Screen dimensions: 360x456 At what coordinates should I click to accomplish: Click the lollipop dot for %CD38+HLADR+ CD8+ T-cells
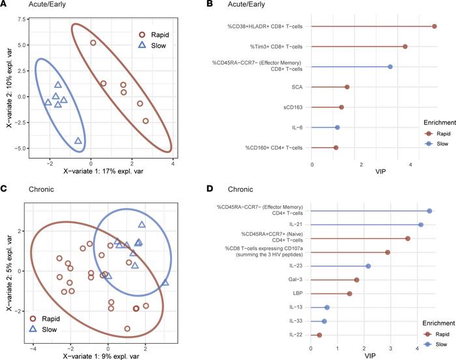pyautogui.click(x=435, y=26)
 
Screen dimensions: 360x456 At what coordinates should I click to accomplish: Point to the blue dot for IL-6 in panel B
pyautogui.click(x=337, y=128)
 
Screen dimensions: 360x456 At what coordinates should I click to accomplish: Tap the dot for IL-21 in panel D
pyautogui.click(x=421, y=225)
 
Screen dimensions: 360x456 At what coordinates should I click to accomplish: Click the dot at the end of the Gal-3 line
pyautogui.click(x=356, y=280)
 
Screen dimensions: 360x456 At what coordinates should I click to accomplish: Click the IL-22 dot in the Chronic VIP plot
pyautogui.click(x=319, y=335)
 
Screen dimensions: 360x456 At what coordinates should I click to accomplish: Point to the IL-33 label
pyautogui.click(x=295, y=322)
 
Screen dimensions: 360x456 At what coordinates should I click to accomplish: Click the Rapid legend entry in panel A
pyautogui.click(x=160, y=33)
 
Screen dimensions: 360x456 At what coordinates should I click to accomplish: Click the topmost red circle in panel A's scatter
pyautogui.click(x=93, y=43)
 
